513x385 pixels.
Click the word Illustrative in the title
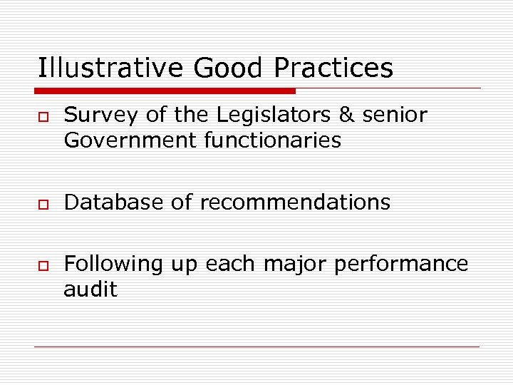pos(111,68)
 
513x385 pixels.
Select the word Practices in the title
pos(333,68)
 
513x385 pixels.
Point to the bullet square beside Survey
pos(43,115)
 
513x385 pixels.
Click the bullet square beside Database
pos(43,202)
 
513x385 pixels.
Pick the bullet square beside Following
pos(43,264)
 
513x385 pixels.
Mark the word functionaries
pos(273,140)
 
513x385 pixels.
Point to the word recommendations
pos(295,202)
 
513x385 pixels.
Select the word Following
pos(113,264)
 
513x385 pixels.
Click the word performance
pos(401,264)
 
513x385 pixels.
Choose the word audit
pos(90,289)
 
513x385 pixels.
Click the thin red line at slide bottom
pos(256,347)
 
